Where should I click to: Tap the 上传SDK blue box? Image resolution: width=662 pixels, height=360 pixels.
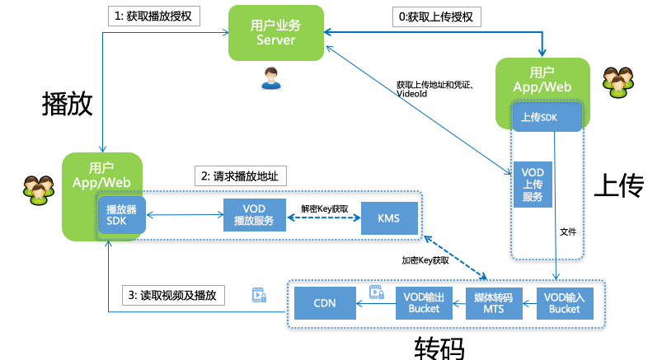click(x=538, y=118)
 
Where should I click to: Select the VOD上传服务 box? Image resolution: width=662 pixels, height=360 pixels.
click(x=532, y=184)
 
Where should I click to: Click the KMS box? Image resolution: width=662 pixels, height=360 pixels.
click(x=389, y=218)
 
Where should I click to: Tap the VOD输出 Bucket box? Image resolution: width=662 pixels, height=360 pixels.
click(x=425, y=303)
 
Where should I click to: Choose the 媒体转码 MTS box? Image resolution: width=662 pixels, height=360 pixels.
click(x=494, y=303)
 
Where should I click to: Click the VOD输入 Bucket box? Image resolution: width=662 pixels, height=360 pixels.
click(x=565, y=303)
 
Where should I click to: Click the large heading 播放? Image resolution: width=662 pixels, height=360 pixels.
click(x=67, y=105)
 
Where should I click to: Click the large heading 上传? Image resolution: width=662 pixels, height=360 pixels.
click(x=617, y=186)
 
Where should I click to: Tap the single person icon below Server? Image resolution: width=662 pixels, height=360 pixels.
click(x=270, y=79)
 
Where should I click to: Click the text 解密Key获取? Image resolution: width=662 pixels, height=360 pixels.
click(x=324, y=208)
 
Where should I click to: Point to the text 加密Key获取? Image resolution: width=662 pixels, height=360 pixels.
click(x=425, y=260)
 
